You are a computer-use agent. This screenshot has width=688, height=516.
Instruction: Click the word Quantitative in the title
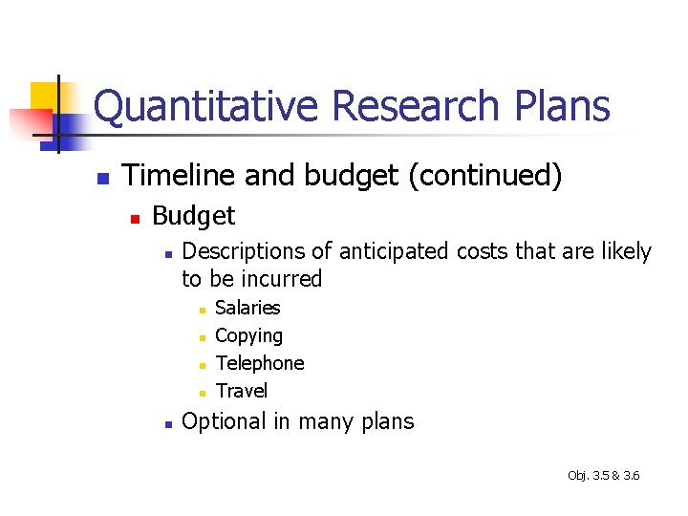click(205, 106)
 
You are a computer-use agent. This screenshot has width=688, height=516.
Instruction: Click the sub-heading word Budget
click(193, 216)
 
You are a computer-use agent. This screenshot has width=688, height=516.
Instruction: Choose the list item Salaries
click(247, 308)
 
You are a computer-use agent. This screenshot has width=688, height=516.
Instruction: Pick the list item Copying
click(248, 336)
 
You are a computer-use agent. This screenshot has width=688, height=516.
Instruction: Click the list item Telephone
click(260, 363)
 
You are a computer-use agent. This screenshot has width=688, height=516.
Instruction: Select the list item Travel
click(242, 391)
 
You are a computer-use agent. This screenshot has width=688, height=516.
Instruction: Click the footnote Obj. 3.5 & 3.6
click(603, 475)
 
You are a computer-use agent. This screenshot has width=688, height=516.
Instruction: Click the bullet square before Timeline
click(103, 179)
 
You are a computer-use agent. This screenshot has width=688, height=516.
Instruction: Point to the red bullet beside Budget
click(135, 219)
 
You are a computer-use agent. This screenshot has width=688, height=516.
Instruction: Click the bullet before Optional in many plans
click(167, 423)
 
